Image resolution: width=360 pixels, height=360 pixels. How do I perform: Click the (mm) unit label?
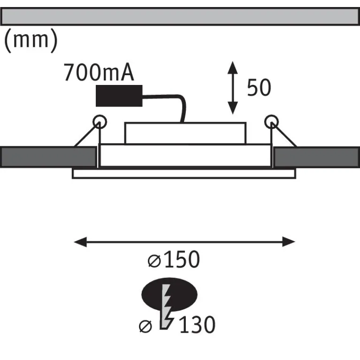31,40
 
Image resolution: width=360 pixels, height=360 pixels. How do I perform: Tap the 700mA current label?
99,72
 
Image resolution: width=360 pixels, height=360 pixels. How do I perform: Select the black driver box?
119,96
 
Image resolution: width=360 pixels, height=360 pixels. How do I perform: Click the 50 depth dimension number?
259,87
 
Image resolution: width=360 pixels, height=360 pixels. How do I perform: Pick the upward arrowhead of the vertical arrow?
233,68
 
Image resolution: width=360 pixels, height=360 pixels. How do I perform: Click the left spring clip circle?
100,122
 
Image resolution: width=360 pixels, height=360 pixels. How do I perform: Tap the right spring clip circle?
271,122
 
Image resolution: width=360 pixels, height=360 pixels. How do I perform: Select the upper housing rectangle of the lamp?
185,133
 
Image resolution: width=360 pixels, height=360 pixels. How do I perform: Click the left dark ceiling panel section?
48,157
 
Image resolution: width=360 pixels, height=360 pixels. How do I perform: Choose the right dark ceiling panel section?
317,157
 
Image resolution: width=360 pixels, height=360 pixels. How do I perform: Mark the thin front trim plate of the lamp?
184,174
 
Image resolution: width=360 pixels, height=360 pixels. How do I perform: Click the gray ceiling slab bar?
180,16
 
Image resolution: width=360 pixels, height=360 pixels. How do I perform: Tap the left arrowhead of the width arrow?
80,242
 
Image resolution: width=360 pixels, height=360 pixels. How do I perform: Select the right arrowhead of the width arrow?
289,242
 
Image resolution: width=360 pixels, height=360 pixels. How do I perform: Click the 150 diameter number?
182,259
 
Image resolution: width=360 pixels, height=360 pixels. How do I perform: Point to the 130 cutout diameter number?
198,324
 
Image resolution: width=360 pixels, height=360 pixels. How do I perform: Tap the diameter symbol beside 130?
146,326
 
